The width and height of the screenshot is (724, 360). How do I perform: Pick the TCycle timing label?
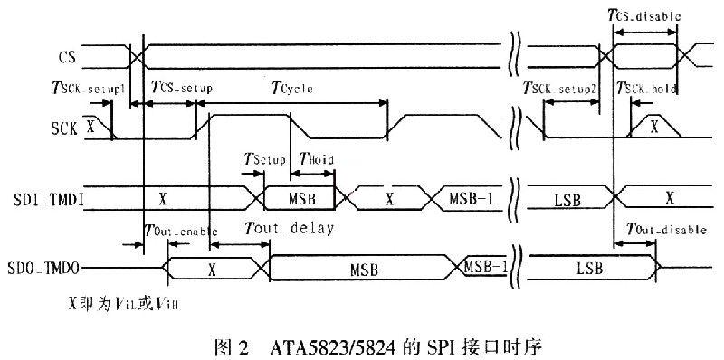[x=298, y=88]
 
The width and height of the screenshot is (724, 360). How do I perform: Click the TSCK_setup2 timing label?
[x=561, y=89]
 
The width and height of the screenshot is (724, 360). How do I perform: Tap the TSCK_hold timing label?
[x=647, y=89]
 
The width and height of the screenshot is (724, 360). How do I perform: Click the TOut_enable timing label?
[x=180, y=230]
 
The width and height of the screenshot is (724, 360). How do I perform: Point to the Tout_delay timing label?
[x=290, y=229]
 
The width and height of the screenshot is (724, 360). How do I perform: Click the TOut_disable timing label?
[x=661, y=230]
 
